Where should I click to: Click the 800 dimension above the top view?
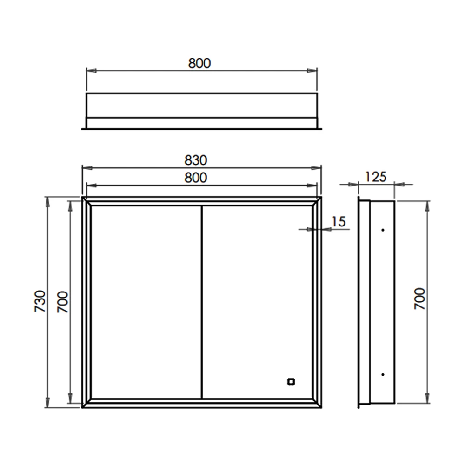pos(199,63)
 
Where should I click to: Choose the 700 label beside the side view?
pos(419,299)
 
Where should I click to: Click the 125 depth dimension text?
pos(376,176)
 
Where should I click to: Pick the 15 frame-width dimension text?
pos(339,221)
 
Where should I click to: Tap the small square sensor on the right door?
pos(291,382)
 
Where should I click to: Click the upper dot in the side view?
pos(383,230)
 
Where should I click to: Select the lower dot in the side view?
pos(383,374)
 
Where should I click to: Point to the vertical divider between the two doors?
pos(201,302)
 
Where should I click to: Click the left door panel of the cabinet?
pos(146,302)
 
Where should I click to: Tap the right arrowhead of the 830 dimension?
pos(318,168)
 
